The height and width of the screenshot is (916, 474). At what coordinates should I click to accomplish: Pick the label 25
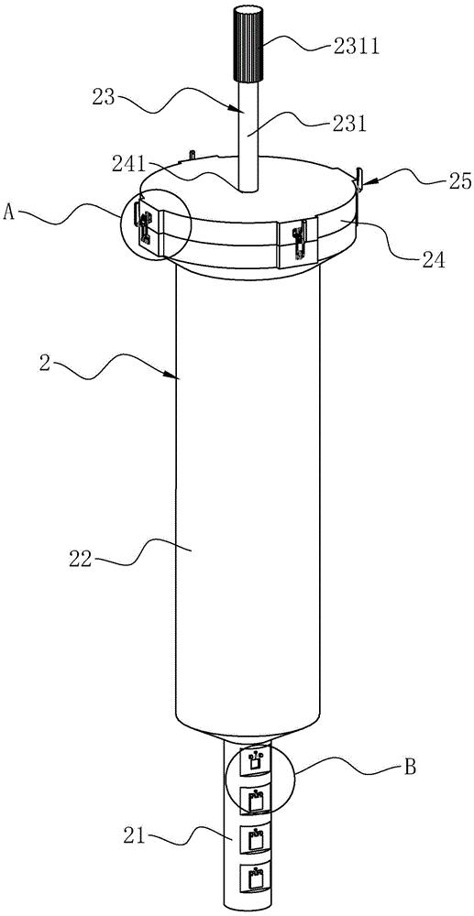(x=460, y=181)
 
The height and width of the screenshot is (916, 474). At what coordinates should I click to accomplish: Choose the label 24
(x=430, y=257)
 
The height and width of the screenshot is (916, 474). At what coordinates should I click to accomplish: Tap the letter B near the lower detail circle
(x=411, y=768)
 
